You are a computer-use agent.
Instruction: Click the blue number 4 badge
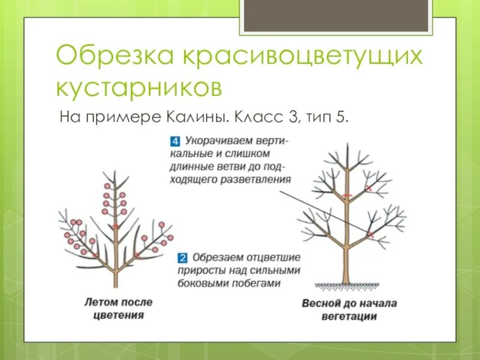coord(175,142)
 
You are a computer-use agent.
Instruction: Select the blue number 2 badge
coord(183,259)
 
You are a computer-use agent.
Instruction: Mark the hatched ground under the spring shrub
coord(346,284)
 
